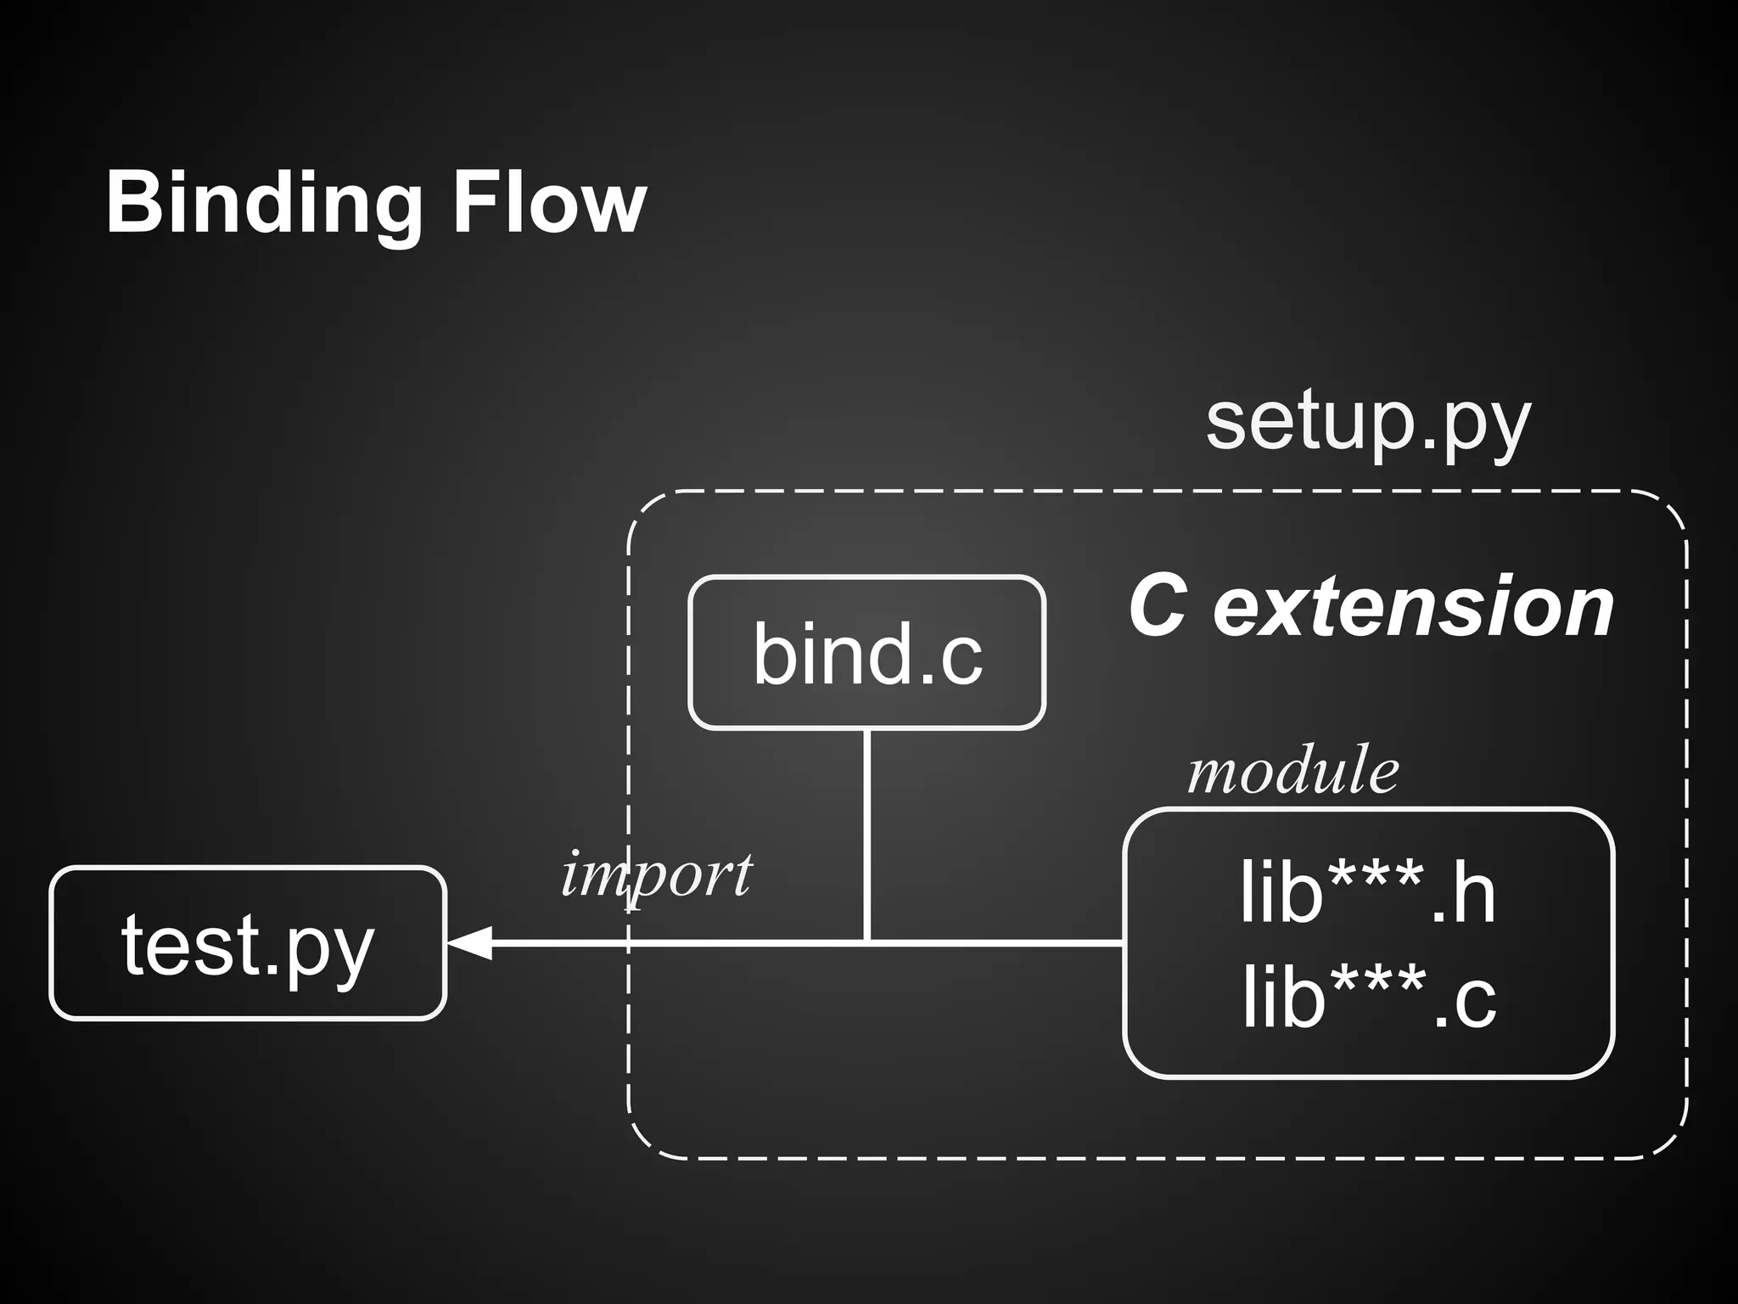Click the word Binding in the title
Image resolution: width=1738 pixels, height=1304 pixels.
(x=263, y=204)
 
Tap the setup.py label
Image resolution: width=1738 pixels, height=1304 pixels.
(x=1367, y=424)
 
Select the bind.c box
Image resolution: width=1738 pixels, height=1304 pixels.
(x=866, y=652)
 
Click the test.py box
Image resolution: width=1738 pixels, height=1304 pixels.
(x=248, y=943)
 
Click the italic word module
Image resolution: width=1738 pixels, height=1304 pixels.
(x=1292, y=772)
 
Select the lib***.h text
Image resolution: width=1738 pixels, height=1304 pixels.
(x=1367, y=892)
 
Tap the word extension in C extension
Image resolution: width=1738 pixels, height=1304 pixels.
(x=1413, y=606)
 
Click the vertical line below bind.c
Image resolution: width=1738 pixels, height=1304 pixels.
(x=866, y=832)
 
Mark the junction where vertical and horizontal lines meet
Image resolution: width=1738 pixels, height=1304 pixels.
(x=866, y=941)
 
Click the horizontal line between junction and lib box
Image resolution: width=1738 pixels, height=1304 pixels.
(x=997, y=942)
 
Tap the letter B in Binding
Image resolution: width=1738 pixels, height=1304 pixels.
(x=134, y=204)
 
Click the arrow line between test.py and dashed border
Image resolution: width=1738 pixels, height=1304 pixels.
(x=552, y=942)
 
